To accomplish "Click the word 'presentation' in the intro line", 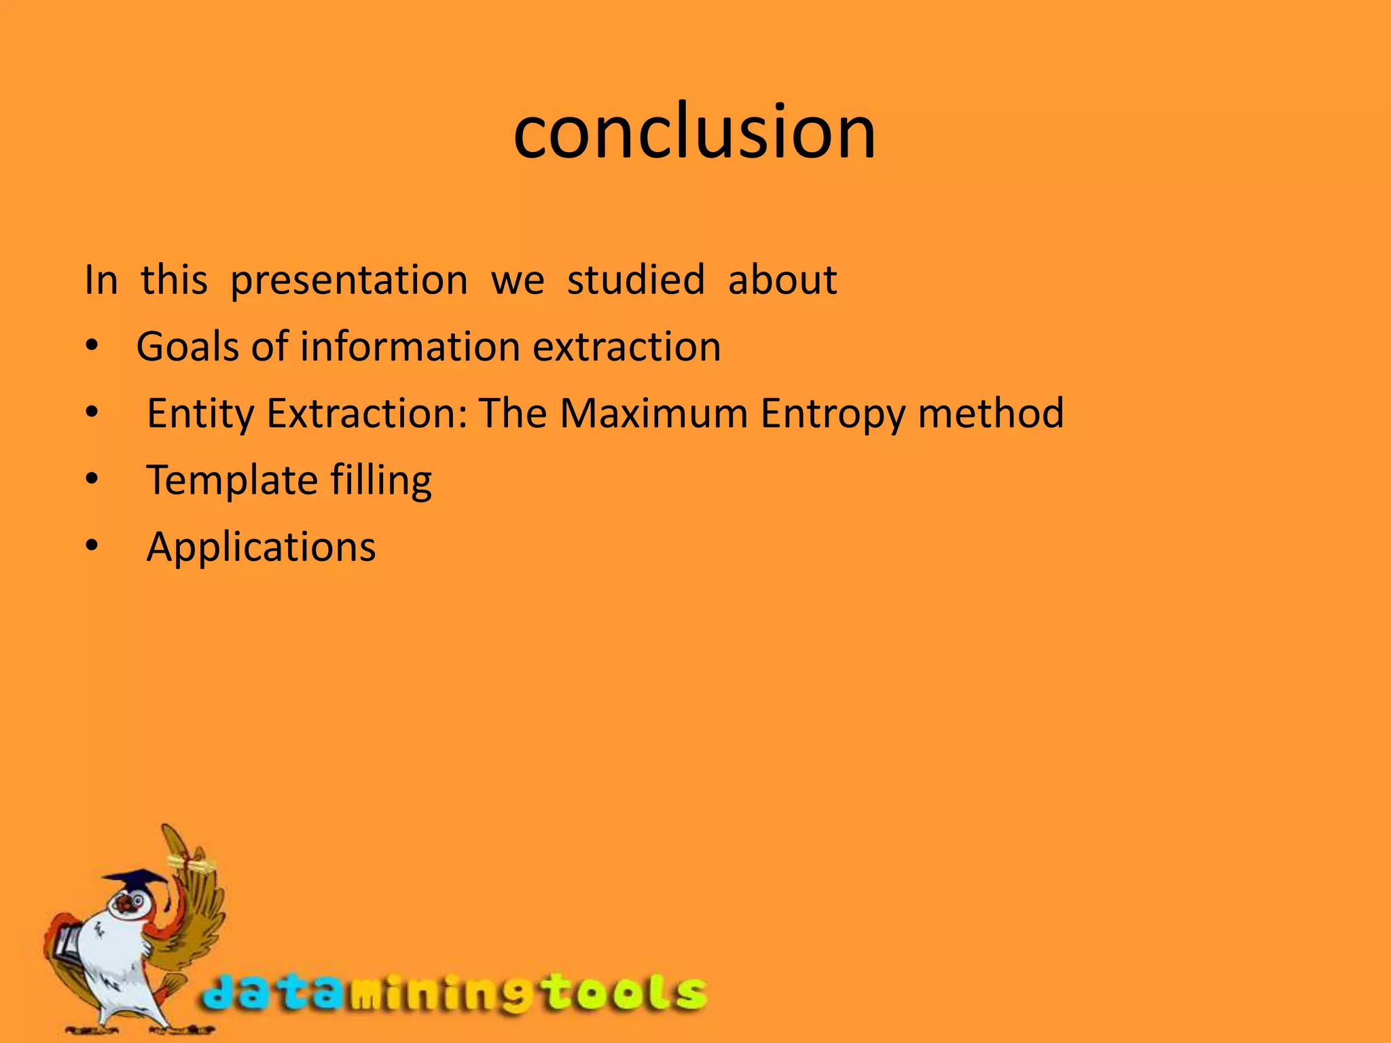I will point(349,280).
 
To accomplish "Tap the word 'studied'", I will point(636,280).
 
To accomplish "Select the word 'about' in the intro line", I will point(782,280).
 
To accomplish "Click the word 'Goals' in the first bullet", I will point(187,346).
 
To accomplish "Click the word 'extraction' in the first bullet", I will point(626,346).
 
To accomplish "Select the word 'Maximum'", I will point(653,413).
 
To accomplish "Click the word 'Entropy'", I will point(833,414).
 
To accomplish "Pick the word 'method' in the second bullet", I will point(990,413).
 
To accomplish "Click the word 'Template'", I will point(232,480).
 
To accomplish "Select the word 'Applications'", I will point(261,547).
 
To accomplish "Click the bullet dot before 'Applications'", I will point(92,545).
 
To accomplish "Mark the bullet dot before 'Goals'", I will point(92,346).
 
